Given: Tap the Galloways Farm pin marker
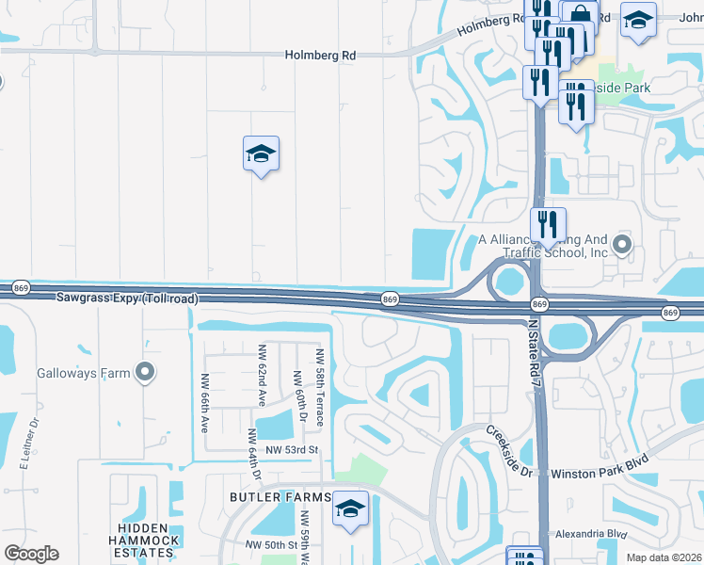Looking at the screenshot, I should click(x=144, y=373).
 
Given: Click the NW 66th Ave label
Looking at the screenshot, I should click(x=204, y=403).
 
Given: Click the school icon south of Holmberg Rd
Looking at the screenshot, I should click(x=261, y=153).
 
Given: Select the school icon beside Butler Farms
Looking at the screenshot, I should click(x=350, y=508).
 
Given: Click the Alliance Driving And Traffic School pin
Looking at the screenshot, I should click(x=621, y=246).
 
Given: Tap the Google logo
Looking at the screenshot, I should click(x=32, y=554).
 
